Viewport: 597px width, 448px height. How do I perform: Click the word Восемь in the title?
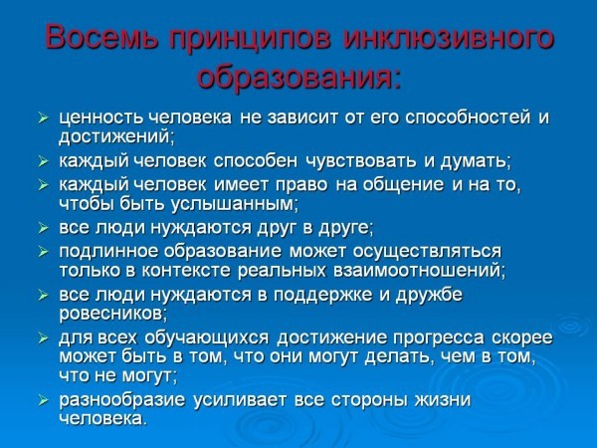point(100,37)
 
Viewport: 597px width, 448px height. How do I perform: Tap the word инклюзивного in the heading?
point(448,38)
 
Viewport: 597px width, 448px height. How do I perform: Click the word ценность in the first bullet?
point(101,118)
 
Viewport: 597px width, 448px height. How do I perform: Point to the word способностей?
point(468,116)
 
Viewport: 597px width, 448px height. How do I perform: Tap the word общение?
point(404,185)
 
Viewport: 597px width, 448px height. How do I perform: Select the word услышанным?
point(235,204)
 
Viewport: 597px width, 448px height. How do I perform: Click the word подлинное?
point(108,252)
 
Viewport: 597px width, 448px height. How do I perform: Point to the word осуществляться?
point(427,252)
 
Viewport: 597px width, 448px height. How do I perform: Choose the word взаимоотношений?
point(420,271)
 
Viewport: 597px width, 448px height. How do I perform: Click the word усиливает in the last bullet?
point(241,400)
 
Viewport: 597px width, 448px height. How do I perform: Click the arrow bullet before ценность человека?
point(43,118)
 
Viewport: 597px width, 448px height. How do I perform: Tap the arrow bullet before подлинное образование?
point(43,252)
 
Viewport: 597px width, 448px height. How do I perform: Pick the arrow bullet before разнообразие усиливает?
point(43,400)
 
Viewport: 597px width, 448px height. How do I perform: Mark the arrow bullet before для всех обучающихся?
point(43,338)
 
